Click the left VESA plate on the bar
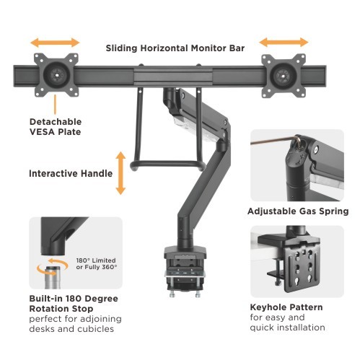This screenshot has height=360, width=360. click(55, 74)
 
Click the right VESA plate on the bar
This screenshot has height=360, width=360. click(283, 74)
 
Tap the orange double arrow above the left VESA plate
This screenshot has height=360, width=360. click(55, 43)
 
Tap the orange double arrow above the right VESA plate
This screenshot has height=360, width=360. click(283, 43)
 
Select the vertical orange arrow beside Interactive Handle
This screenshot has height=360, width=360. click(120, 172)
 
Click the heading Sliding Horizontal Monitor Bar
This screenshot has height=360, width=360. click(175, 48)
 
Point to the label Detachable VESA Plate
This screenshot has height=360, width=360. click(55, 126)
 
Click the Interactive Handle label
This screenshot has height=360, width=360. click(70, 174)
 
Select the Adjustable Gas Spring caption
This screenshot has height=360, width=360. click(298, 211)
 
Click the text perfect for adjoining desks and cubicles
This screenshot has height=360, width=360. click(75, 323)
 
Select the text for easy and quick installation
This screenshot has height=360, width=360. click(286, 322)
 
